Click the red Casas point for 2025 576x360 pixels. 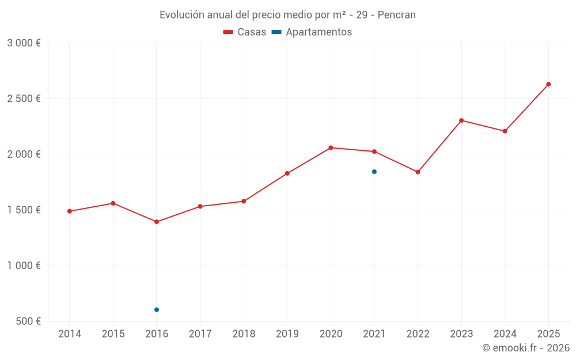pyautogui.click(x=548, y=84)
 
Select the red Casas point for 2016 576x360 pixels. pyautogui.click(x=157, y=222)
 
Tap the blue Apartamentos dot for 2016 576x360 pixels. pyautogui.click(x=157, y=310)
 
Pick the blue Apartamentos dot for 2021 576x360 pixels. pyautogui.click(x=374, y=172)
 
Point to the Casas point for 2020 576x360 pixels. pyautogui.click(x=331, y=148)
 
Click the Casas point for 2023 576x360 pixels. pyautogui.click(x=461, y=120)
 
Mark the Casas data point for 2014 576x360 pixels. pyautogui.click(x=70, y=211)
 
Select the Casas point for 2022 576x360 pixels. pyautogui.click(x=418, y=172)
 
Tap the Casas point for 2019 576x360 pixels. pyautogui.click(x=287, y=173)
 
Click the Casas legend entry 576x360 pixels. pyautogui.click(x=245, y=32)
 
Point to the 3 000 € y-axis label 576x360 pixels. pyautogui.click(x=24, y=43)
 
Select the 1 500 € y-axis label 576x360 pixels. pyautogui.click(x=24, y=210)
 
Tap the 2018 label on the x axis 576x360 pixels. pyautogui.click(x=244, y=334)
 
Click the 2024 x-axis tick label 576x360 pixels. pyautogui.click(x=505, y=334)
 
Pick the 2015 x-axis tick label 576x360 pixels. pyautogui.click(x=113, y=334)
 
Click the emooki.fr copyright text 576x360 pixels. pyautogui.click(x=526, y=348)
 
